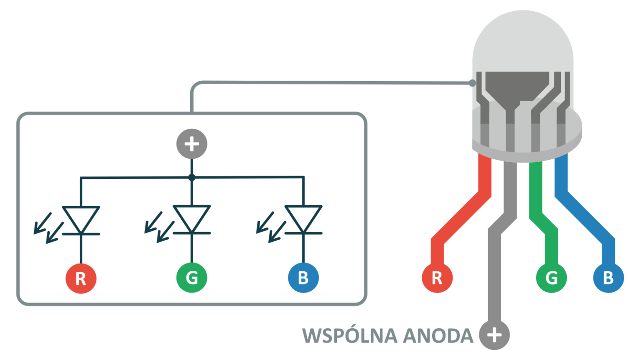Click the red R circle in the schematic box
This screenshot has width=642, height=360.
[81, 278]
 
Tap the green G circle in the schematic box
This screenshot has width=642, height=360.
[192, 278]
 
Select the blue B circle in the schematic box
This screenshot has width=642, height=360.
[303, 278]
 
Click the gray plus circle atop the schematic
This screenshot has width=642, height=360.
[192, 144]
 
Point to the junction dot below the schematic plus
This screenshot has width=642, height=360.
[192, 177]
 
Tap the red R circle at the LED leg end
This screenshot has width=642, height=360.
[437, 278]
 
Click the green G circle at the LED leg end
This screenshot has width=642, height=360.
[551, 278]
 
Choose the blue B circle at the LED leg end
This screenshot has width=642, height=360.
[609, 278]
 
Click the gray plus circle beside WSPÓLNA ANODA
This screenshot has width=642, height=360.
[494, 335]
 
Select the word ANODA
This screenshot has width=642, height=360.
[438, 335]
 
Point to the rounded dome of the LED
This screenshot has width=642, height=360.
[522, 38]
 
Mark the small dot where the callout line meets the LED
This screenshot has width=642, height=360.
[472, 83]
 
